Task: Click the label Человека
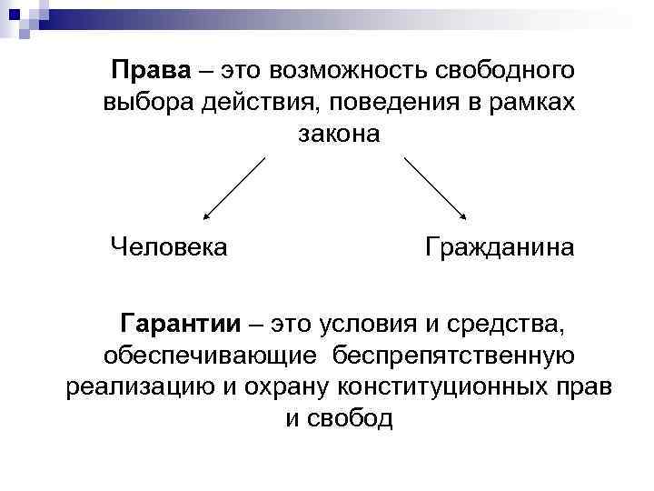[169, 246]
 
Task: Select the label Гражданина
[499, 246]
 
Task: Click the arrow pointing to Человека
[233, 188]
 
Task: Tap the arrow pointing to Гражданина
[434, 188]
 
